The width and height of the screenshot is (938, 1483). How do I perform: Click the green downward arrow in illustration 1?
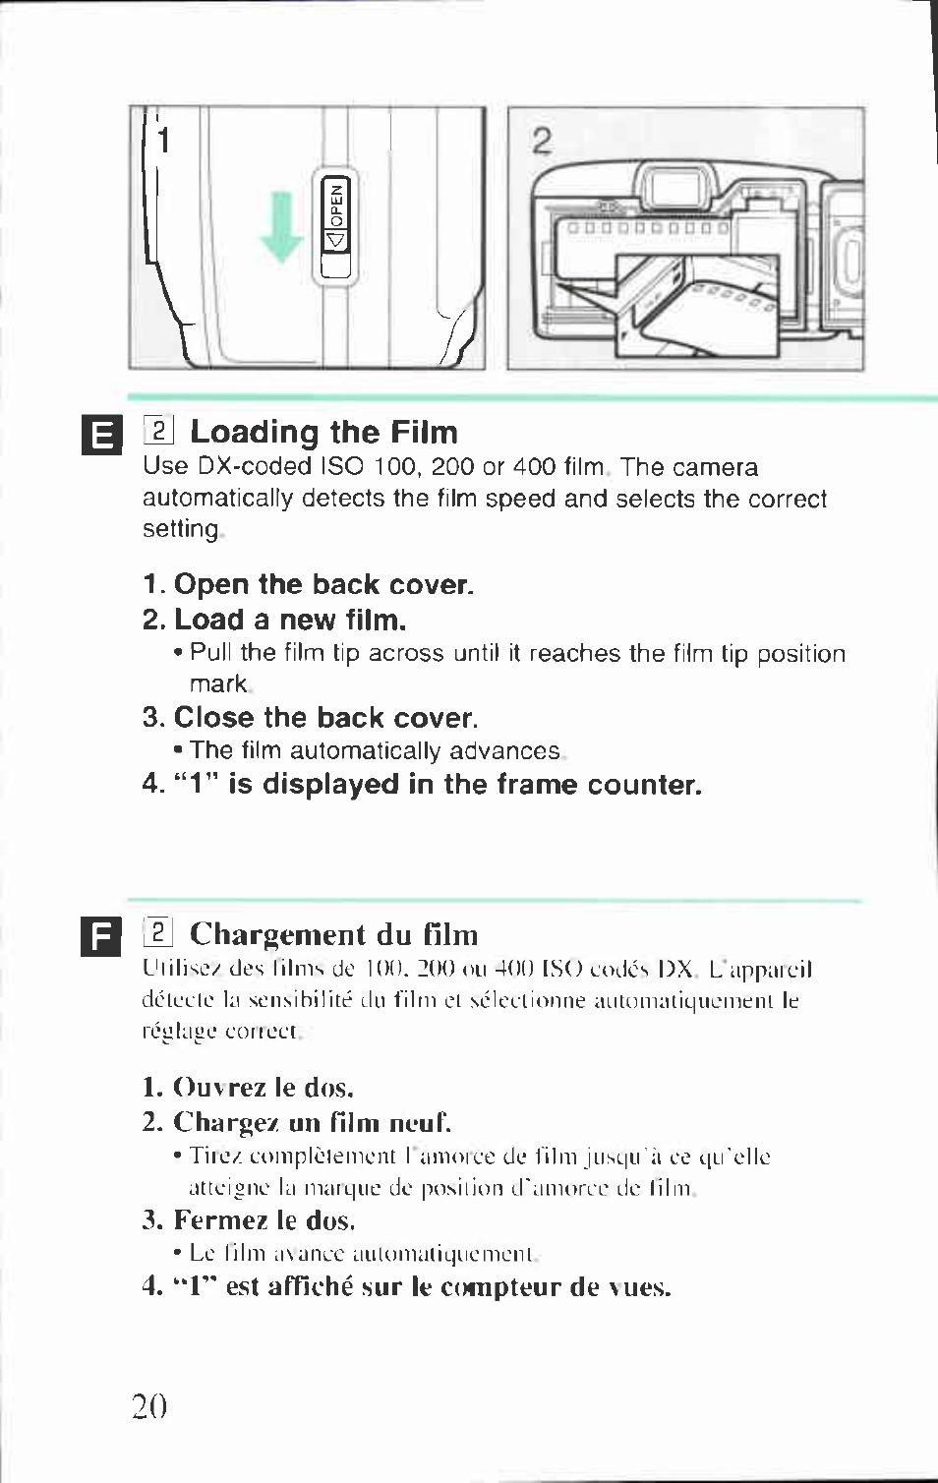(282, 226)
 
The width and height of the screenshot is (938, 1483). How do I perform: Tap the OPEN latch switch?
(335, 227)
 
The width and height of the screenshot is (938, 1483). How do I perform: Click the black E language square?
(102, 436)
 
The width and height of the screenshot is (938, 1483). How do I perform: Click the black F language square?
(101, 937)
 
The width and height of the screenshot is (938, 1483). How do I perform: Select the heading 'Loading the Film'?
(324, 433)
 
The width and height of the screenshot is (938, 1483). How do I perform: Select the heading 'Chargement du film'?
(333, 934)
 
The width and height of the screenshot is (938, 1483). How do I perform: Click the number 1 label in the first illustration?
(163, 141)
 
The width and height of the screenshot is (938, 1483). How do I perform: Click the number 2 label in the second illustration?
(542, 141)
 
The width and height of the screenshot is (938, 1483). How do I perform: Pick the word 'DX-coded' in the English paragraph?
(255, 467)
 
